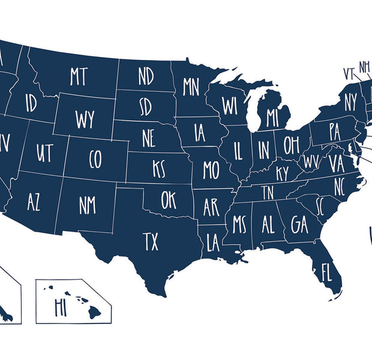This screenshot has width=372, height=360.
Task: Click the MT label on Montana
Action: (x=79, y=77)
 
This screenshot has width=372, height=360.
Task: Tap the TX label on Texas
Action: (x=151, y=242)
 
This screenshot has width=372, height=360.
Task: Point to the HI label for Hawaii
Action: (x=60, y=307)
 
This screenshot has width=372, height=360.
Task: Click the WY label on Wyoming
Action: (x=85, y=119)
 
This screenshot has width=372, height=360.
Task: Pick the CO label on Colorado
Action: (x=95, y=159)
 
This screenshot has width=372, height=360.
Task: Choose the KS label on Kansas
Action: (x=158, y=169)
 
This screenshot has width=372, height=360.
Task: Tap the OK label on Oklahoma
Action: (x=169, y=200)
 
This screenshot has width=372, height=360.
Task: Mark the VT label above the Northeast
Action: (x=349, y=73)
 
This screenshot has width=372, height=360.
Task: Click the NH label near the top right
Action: (x=364, y=66)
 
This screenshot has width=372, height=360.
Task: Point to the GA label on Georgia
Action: (x=299, y=224)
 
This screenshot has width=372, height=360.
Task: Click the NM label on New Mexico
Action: (x=88, y=205)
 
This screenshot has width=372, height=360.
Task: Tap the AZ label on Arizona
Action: (x=34, y=203)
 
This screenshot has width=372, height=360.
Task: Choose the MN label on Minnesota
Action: (x=191, y=86)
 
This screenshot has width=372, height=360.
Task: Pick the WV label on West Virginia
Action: (x=311, y=162)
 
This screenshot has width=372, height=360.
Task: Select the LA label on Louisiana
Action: (x=213, y=244)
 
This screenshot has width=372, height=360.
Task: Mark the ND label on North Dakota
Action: (x=146, y=76)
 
